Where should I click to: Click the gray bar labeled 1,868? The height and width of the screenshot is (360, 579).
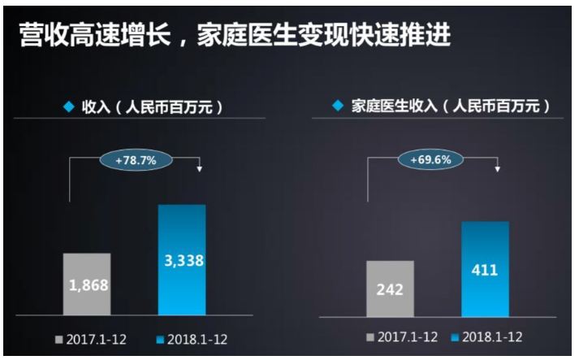(87, 284)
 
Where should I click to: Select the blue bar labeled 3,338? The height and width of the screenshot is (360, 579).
(182, 259)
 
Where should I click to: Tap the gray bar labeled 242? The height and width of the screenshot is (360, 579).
(390, 288)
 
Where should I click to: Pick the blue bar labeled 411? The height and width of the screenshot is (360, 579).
(485, 268)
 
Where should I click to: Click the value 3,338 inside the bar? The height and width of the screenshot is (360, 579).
(182, 261)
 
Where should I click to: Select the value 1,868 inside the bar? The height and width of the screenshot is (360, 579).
(87, 286)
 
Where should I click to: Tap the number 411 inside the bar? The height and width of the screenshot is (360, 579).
(485, 270)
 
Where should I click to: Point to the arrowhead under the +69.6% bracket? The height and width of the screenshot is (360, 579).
(498, 168)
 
